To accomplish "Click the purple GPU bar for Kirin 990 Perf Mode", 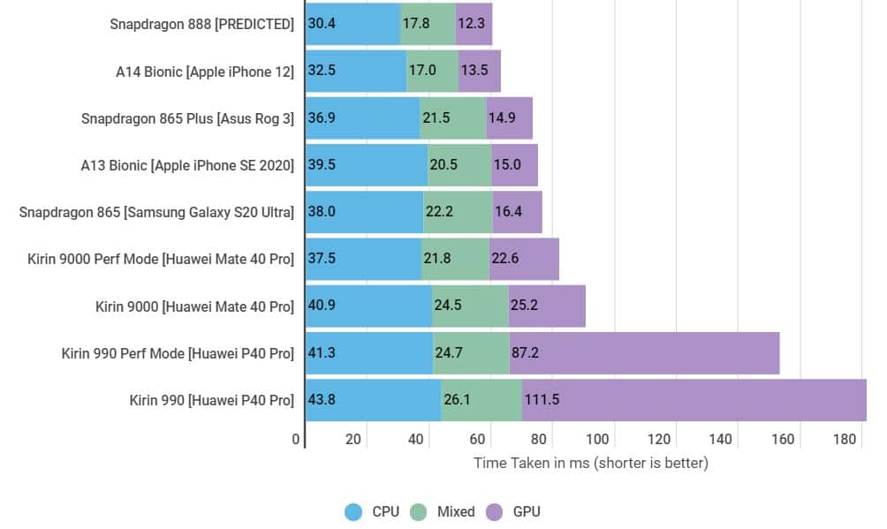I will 644,353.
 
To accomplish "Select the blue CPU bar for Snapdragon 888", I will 353,24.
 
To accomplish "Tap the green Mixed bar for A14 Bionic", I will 432,71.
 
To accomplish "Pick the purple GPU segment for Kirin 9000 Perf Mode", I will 524,259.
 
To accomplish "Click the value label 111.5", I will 542,400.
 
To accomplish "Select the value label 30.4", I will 322,24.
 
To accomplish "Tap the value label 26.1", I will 457,400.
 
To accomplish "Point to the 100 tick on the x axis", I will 597,440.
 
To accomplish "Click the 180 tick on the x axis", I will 845,440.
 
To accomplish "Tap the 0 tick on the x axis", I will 296,440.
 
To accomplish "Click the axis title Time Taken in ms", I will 591,463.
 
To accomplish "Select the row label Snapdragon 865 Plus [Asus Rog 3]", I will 187,118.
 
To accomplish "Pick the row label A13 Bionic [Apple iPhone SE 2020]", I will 187,165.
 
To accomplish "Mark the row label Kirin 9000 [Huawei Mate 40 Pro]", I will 194,306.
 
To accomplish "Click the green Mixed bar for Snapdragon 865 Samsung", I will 458,212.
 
